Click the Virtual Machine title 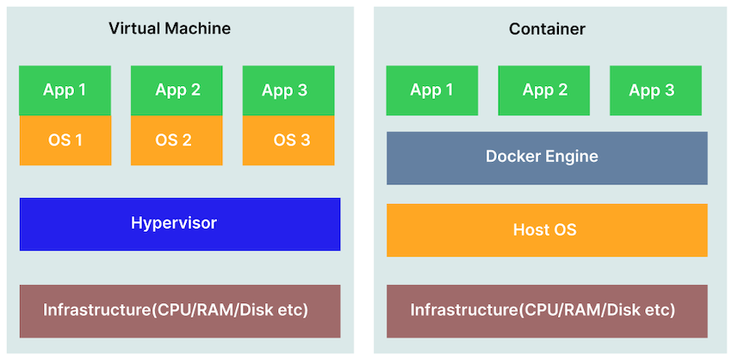[x=170, y=28]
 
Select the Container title [x=547, y=29]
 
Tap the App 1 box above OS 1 [x=65, y=90]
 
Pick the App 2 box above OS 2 [x=177, y=90]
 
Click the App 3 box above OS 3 [x=288, y=90]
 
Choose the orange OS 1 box [x=65, y=140]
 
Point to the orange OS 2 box [x=177, y=140]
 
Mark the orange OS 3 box [x=288, y=140]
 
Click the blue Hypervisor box [x=179, y=224]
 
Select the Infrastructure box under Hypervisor [x=179, y=310]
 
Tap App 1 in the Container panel [x=431, y=90]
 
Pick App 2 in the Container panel [x=543, y=90]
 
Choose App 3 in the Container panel [x=655, y=90]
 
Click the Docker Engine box [x=547, y=158]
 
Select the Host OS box [x=547, y=230]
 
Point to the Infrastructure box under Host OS [x=547, y=310]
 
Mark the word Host [x=530, y=230]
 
